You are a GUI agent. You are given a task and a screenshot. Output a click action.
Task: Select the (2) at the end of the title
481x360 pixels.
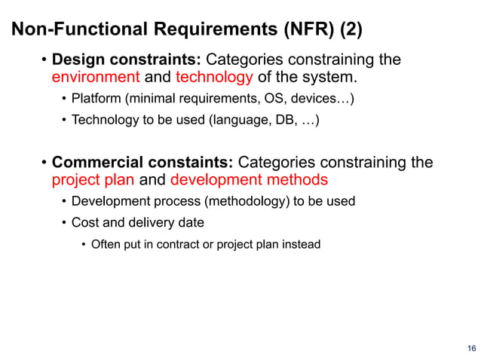pos(351,30)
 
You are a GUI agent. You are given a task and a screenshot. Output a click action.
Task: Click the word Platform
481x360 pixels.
pos(93,99)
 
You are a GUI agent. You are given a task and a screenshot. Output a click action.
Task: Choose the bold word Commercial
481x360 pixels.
pos(93,162)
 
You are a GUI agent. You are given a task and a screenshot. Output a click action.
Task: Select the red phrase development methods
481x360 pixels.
pos(249,180)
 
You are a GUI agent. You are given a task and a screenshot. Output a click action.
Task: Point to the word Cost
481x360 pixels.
pos(84,222)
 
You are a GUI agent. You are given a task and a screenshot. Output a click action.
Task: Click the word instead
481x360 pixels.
pos(301,244)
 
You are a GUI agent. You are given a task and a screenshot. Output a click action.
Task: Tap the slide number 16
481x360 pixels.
pos(471,348)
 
